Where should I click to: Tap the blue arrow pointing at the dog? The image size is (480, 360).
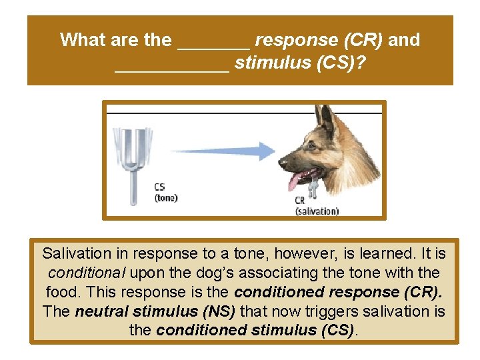coord(227,151)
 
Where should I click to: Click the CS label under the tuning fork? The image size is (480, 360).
coord(160,187)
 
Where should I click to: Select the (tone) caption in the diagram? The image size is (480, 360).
coord(166,197)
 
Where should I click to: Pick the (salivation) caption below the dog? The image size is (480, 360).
coord(317,211)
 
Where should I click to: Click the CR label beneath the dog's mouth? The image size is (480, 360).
coord(301,201)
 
